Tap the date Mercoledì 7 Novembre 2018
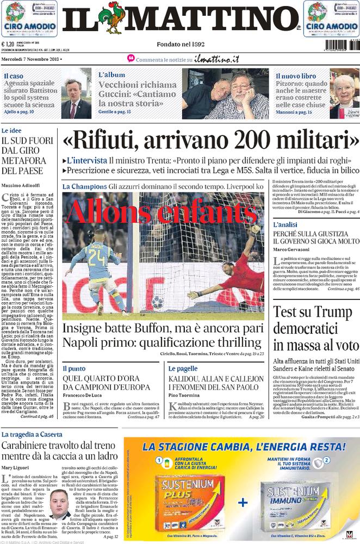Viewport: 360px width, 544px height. click(31, 59)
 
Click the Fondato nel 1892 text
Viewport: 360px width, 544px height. click(180, 44)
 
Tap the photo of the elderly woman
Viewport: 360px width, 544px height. click(344, 95)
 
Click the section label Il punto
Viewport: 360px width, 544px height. click(73, 368)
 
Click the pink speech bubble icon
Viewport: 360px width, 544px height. click(131, 58)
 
